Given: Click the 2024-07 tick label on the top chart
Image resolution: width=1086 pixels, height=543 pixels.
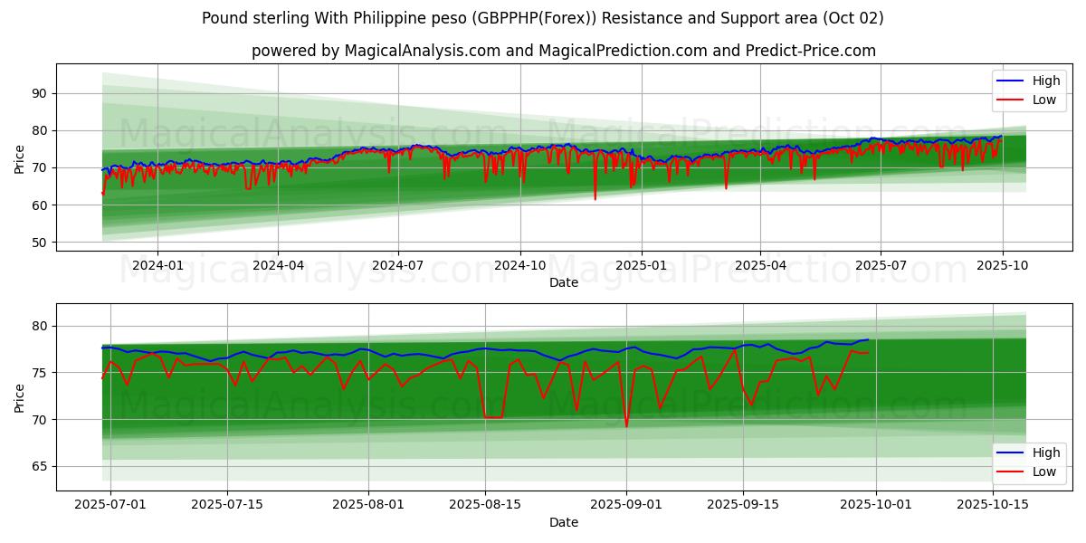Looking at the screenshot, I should pos(398,265).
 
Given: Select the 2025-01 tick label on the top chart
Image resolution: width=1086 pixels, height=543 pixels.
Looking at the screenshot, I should pos(641,265).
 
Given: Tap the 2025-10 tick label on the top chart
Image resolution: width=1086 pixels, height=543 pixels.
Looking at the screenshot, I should pos(1002,265).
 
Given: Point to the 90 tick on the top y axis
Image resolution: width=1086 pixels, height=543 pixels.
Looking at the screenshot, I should pos(39,93).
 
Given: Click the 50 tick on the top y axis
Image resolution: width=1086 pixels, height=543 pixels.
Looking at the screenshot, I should pos(39,243).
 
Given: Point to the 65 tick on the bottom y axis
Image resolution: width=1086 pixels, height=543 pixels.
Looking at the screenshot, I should pos(39,467).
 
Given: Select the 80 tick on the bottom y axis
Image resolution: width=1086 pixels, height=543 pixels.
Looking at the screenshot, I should pos(39,326).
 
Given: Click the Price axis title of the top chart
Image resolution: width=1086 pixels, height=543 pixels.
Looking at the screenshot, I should pos(20,159).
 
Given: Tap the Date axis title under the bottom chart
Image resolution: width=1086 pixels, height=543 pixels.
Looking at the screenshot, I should pos(563,522).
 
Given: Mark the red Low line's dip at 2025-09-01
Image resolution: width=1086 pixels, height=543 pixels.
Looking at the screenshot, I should pos(626,426).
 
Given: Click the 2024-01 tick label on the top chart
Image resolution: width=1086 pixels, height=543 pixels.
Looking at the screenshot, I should pos(157,265).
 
